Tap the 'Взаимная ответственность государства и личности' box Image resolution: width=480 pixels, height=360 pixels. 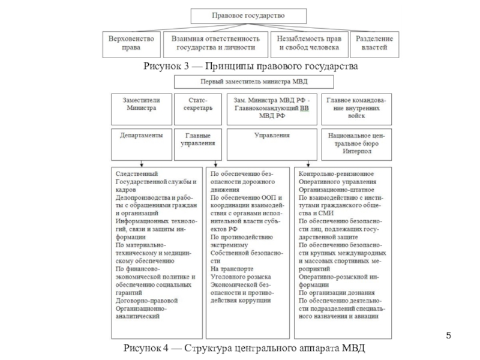[x=215, y=43]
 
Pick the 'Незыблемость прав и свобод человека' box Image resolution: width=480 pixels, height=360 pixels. [x=308, y=43]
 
